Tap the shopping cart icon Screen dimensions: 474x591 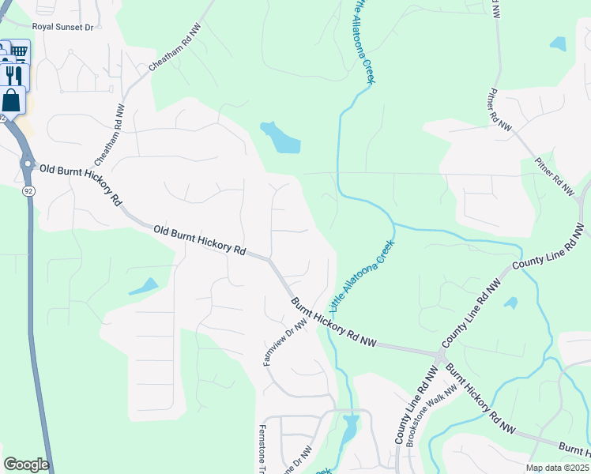(x=20, y=51)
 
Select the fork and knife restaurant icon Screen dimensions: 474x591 (x=13, y=75)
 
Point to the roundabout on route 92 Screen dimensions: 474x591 (x=28, y=165)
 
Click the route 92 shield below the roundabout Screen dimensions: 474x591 (x=28, y=191)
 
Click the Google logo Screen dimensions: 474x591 (x=26, y=465)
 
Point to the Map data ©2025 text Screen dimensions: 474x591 (x=557, y=468)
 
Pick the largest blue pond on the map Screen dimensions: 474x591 (x=280, y=138)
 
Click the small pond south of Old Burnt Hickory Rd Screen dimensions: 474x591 (x=144, y=286)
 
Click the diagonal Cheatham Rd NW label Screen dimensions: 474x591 (x=175, y=49)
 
